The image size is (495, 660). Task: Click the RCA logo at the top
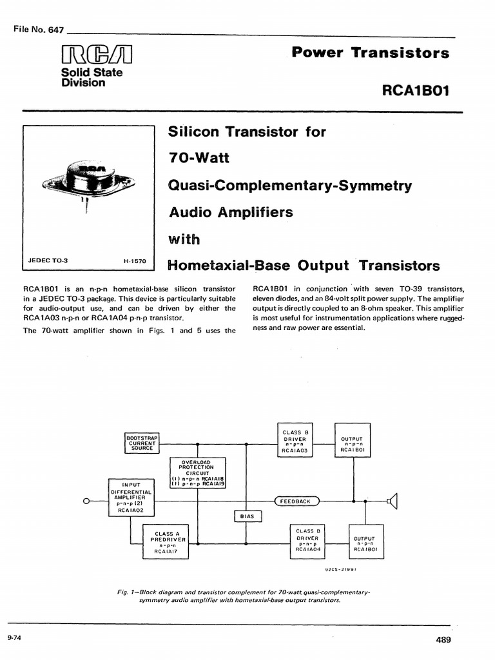point(97,54)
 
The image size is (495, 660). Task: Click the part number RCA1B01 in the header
point(416,90)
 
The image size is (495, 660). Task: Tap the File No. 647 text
point(39,30)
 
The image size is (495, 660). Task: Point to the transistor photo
point(89,182)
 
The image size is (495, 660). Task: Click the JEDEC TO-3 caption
point(48,260)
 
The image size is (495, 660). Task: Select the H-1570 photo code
point(135,261)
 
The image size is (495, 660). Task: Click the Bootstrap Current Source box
point(142,443)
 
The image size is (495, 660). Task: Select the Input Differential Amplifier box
point(131,498)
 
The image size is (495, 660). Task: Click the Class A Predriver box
point(166,541)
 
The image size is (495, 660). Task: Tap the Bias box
point(247,516)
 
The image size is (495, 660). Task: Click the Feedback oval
point(296,501)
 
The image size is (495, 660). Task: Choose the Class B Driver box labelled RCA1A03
point(295,440)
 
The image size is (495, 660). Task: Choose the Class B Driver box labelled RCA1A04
point(307,541)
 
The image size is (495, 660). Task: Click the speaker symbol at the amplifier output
point(393,501)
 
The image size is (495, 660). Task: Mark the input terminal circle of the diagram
point(86,501)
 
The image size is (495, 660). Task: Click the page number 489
point(443,640)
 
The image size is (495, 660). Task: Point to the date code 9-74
point(14,637)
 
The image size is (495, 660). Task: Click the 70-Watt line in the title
point(199,158)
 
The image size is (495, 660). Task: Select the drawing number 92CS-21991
point(340,570)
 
